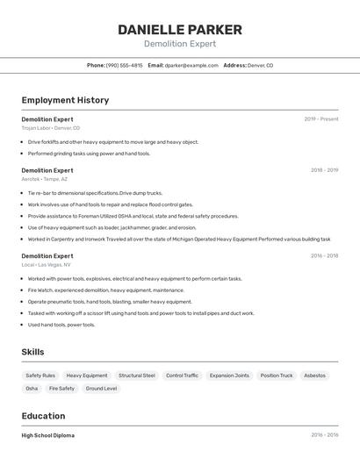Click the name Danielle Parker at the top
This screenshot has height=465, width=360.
tap(180, 29)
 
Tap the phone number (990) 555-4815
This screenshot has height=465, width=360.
tap(124, 65)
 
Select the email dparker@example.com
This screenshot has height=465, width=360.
tap(191, 65)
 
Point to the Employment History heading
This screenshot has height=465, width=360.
tap(65, 100)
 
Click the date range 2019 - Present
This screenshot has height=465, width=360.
tap(320, 119)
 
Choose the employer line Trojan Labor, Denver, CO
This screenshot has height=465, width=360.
tap(51, 128)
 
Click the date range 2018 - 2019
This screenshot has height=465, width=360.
tap(324, 170)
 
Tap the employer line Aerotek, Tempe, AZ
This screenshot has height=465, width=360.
tap(45, 179)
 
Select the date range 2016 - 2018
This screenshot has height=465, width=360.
tap(324, 256)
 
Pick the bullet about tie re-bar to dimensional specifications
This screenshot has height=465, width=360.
tap(95, 193)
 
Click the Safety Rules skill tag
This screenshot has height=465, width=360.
tap(40, 376)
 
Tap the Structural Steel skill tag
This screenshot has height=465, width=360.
tap(136, 376)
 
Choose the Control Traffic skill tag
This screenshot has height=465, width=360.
tap(182, 376)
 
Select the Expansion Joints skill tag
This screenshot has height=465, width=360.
tap(229, 376)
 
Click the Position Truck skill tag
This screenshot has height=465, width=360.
tap(277, 376)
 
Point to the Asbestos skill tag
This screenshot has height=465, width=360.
tap(314, 376)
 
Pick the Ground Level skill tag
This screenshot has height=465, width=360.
tap(101, 388)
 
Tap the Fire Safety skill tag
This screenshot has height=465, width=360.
tap(61, 388)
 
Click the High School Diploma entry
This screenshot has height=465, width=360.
tap(48, 435)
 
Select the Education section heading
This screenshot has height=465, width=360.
tap(43, 416)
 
